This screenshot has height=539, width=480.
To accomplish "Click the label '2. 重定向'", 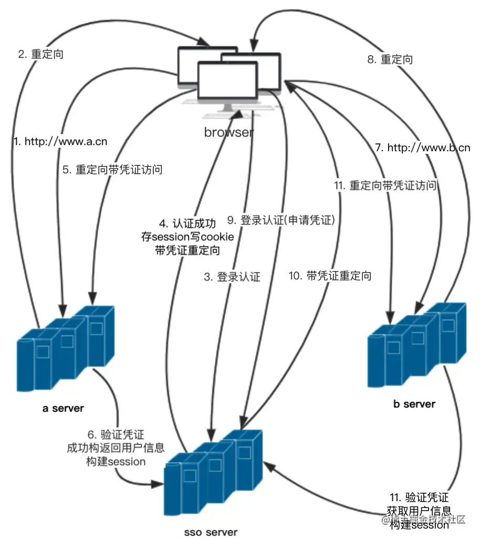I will click(x=40, y=54).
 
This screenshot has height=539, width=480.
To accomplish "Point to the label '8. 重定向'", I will click(x=390, y=59).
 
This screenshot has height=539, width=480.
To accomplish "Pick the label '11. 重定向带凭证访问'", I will click(x=385, y=185).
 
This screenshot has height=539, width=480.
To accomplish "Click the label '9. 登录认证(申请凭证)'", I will click(x=281, y=220).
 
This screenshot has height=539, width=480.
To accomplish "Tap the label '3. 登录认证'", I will click(x=231, y=277).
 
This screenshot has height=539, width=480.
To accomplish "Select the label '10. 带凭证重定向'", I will click(x=330, y=275).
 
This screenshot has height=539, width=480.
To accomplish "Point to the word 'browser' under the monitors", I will click(x=229, y=132).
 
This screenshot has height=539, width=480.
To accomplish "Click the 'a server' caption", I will click(x=63, y=408).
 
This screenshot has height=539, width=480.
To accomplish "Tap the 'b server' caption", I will click(x=414, y=403).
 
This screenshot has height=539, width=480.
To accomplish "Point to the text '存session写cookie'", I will click(x=187, y=236).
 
